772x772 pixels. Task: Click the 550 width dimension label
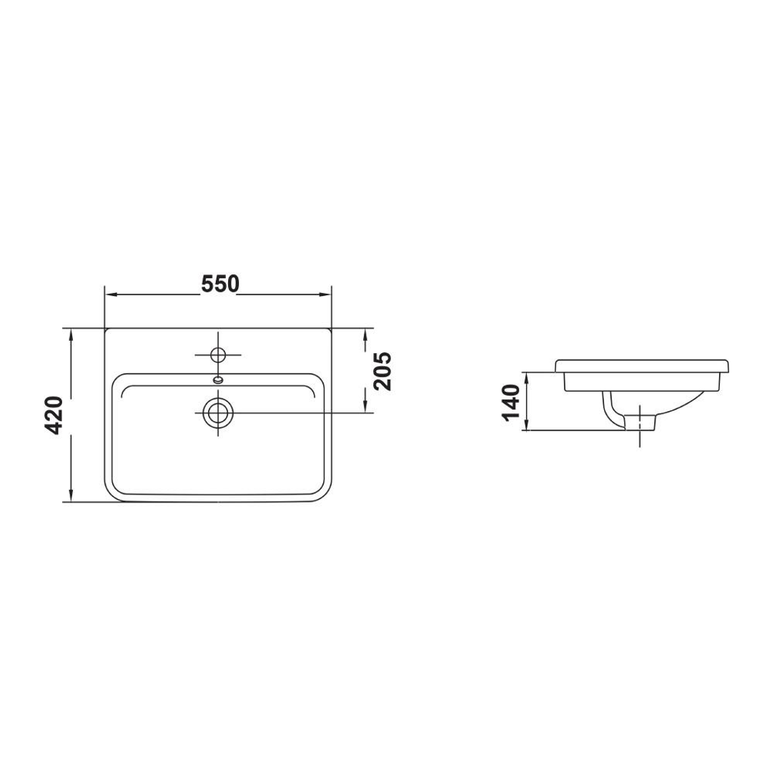click(219, 284)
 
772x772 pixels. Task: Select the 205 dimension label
click(383, 371)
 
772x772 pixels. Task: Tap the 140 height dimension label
click(510, 402)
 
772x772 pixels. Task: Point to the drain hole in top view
click(217, 412)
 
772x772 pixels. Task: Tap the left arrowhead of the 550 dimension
click(110, 293)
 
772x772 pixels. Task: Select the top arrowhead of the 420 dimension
click(71, 334)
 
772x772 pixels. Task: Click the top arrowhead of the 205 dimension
click(366, 334)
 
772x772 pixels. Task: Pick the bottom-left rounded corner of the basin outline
click(112, 494)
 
